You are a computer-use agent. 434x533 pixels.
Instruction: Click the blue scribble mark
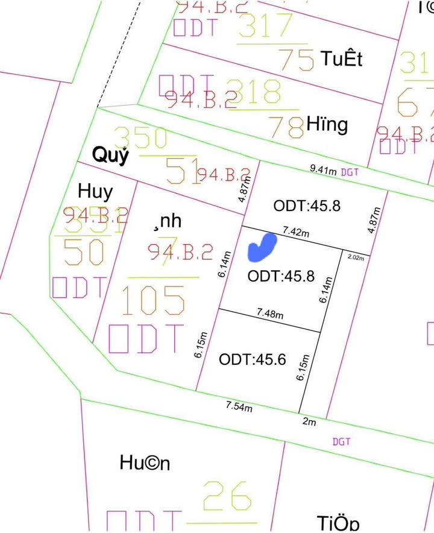(x=262, y=247)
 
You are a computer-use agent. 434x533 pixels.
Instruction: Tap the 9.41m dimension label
(x=323, y=171)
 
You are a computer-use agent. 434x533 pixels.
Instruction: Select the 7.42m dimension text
(x=295, y=232)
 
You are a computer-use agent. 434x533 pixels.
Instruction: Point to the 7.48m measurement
(x=270, y=314)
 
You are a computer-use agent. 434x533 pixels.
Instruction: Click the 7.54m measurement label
(x=239, y=406)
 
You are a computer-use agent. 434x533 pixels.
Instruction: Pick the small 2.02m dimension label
(x=356, y=257)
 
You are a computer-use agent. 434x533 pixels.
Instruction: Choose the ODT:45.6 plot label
(x=252, y=359)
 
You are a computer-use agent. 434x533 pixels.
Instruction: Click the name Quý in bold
(x=110, y=156)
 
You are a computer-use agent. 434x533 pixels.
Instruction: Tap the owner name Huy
(x=95, y=192)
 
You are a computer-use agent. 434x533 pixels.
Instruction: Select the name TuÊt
(x=342, y=59)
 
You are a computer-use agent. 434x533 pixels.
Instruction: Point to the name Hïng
(x=327, y=125)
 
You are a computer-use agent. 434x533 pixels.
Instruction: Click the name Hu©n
(x=145, y=463)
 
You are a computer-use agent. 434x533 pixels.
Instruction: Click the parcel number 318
(x=255, y=92)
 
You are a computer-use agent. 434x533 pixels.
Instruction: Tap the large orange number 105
(x=153, y=300)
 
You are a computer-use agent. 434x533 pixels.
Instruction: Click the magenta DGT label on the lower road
(x=341, y=442)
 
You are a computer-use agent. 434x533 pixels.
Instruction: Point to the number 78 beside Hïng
(x=285, y=127)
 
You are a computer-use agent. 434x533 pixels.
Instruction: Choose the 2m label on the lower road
(x=309, y=422)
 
